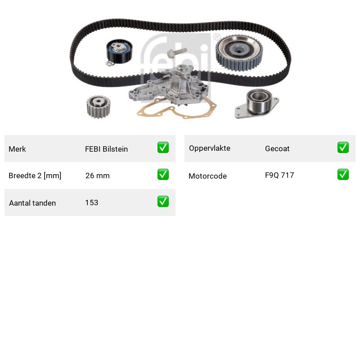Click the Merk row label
[17, 149]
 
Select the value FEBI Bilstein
[106, 149]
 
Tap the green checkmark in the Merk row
[163, 148]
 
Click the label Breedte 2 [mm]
[35, 175]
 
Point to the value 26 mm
[98, 175]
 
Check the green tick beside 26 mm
[163, 175]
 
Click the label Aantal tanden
[32, 203]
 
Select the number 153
[92, 202]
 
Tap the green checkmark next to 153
[163, 201]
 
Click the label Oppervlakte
[210, 148]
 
